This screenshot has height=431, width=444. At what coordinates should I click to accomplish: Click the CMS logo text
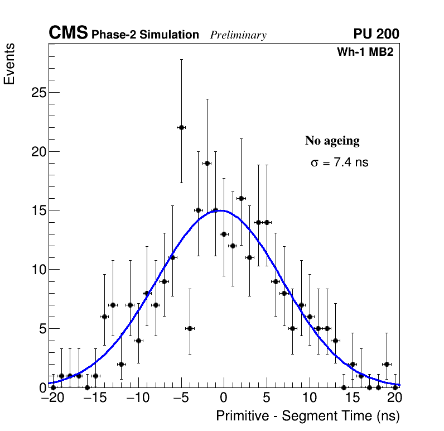68,33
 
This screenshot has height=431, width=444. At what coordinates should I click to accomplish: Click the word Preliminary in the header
238,35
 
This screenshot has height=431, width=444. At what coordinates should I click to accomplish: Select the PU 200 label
376,34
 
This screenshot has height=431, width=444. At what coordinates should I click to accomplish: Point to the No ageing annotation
332,141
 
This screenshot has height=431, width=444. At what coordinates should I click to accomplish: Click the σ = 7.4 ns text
339,163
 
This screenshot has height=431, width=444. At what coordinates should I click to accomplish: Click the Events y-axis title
9,64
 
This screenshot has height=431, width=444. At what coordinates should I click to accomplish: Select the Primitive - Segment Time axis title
308,416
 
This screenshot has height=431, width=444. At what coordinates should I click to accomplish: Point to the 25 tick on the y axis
37,93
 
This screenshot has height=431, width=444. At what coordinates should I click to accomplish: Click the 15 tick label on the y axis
37,211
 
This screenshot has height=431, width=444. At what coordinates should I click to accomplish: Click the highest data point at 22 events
181,127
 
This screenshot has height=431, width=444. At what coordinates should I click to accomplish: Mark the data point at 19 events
207,163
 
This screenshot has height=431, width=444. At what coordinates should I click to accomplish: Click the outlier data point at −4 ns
190,328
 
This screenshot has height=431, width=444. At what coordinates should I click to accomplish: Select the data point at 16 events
241,198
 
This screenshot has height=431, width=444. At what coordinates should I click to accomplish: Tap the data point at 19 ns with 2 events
387,364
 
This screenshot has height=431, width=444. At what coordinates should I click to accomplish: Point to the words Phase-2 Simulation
145,35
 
